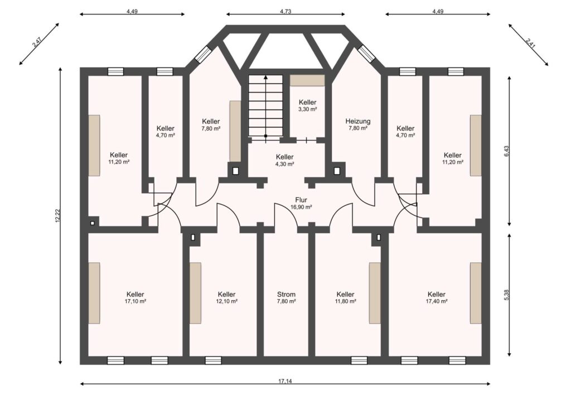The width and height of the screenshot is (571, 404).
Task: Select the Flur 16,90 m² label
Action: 301,203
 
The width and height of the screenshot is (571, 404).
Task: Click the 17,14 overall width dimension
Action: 285,382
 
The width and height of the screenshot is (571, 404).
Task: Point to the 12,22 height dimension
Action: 57,215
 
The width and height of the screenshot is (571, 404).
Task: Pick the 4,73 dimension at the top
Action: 285,11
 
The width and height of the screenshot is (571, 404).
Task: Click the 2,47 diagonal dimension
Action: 37,42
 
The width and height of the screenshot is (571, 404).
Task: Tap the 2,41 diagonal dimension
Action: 530,42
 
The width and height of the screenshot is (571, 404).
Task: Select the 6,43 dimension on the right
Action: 506,151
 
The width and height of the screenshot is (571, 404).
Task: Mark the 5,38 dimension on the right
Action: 506,295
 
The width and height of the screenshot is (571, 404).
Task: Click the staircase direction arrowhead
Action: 266,77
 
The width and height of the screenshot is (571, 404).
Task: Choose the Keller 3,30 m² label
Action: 307,105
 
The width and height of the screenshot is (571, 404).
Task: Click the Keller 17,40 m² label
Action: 436,297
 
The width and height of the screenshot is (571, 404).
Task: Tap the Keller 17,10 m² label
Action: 135,297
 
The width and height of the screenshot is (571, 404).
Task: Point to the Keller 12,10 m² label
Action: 226,297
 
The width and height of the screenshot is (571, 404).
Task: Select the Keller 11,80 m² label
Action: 345,297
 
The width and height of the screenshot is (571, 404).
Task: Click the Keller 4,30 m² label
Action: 284,160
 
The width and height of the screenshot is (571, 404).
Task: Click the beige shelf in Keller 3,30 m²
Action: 307,80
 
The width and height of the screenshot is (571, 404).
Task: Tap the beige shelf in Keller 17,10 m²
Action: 94,292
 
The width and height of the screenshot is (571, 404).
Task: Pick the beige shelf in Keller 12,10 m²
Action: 195,292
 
